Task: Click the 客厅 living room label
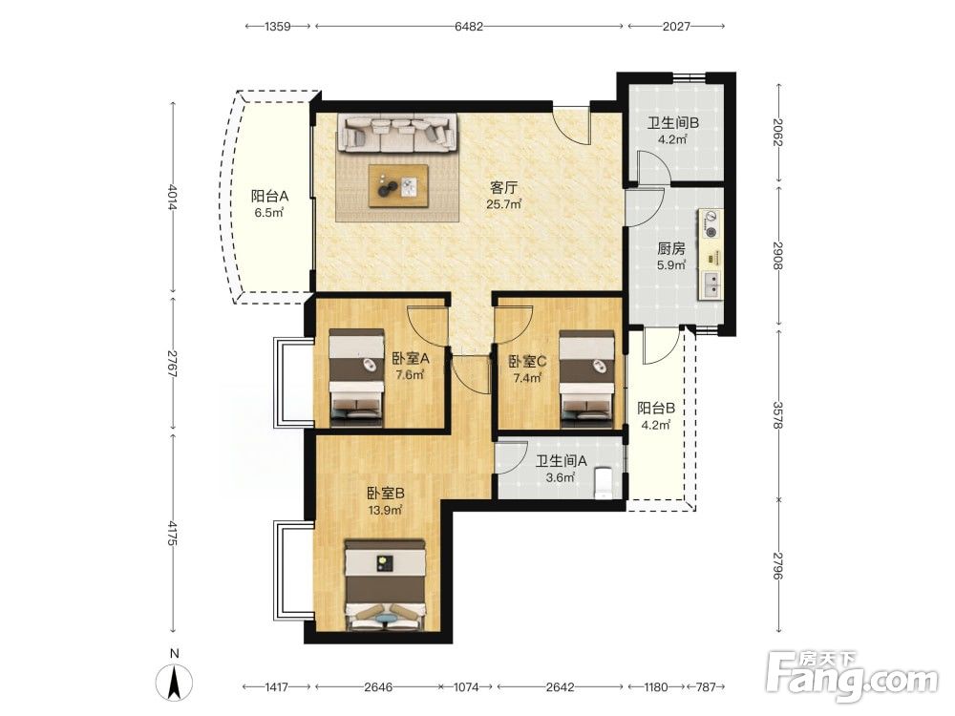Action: (503, 187)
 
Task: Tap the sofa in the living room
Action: (397, 134)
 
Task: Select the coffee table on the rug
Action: (398, 185)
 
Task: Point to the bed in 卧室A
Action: (356, 376)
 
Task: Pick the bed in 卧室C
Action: (586, 377)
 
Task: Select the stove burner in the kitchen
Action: (711, 223)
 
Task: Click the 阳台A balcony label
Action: (270, 197)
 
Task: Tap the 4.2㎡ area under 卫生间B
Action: (672, 139)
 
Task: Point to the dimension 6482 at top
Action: (469, 26)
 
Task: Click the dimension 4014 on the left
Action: (172, 198)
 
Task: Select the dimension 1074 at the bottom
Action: (467, 687)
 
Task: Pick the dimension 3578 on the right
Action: (777, 415)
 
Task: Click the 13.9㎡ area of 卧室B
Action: (385, 510)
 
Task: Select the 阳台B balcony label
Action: (656, 408)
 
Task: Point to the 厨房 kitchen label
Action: (671, 248)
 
